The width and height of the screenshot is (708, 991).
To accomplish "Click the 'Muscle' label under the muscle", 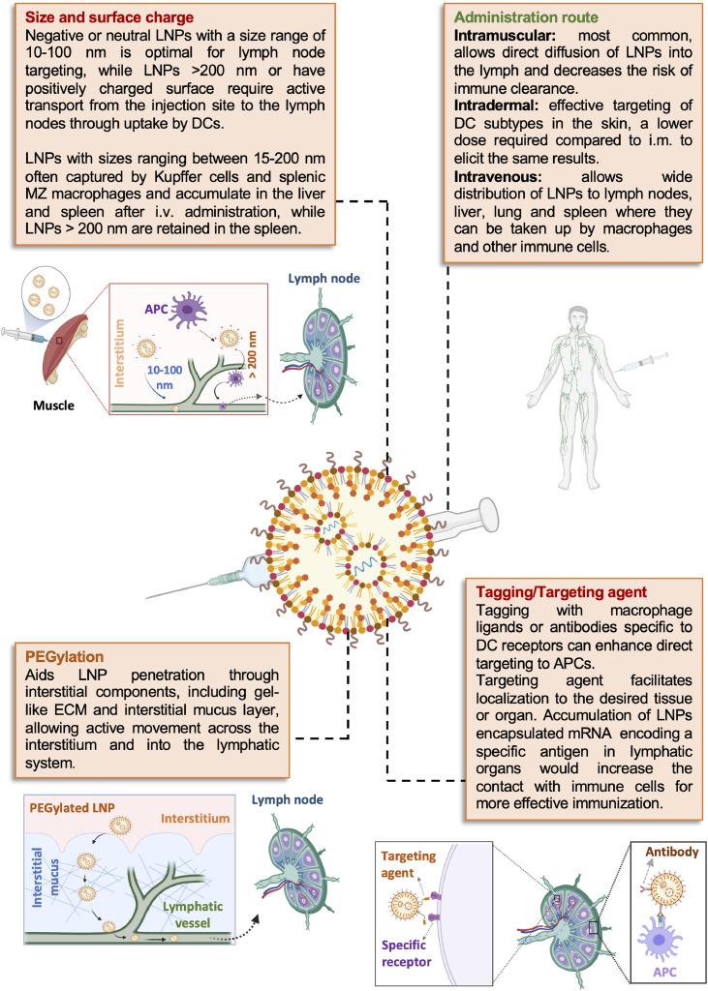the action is click(x=49, y=405).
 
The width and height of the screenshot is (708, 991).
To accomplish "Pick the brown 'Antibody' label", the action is click(x=663, y=852).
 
